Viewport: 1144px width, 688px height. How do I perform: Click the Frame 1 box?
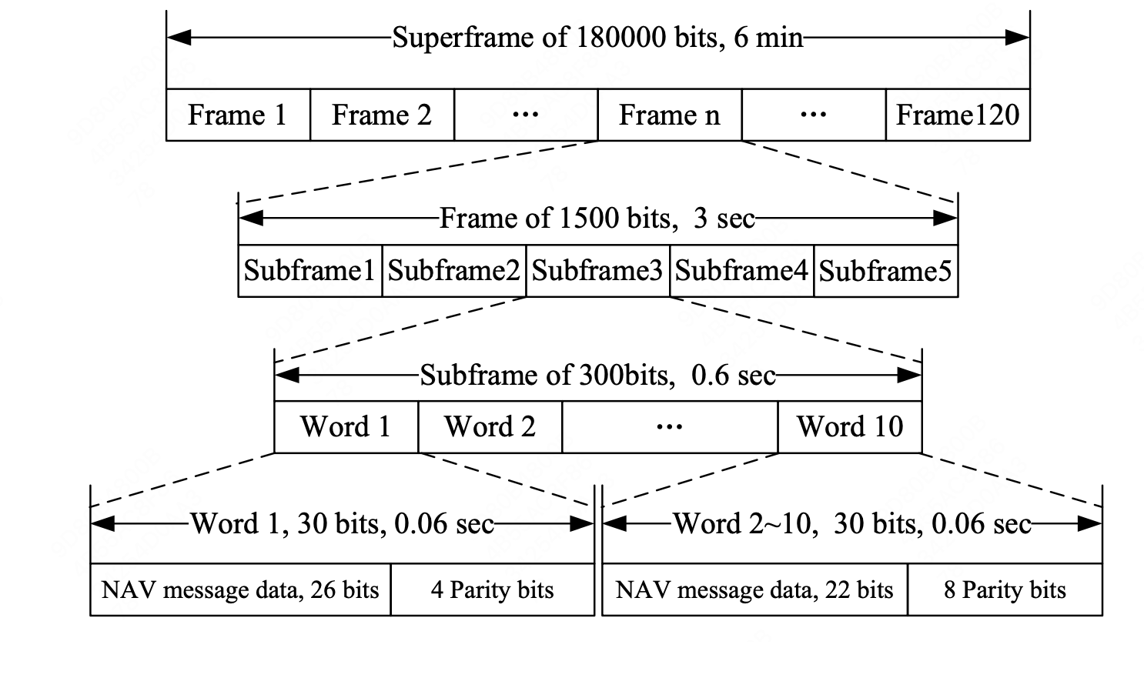pyautogui.click(x=238, y=115)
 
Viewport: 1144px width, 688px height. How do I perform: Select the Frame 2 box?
pyautogui.click(x=382, y=115)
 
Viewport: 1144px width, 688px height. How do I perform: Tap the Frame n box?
pyautogui.click(x=669, y=115)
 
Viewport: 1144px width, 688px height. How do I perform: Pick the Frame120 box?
pyautogui.click(x=958, y=115)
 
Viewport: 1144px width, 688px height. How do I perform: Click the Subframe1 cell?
pyautogui.click(x=309, y=271)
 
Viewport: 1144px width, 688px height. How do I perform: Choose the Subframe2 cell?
pyautogui.click(x=453, y=271)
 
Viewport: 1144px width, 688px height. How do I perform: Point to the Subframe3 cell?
pyautogui.click(x=597, y=271)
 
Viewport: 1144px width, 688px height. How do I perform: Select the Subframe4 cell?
pyautogui.click(x=741, y=271)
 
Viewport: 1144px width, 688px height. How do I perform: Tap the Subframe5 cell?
pyautogui.click(x=885, y=271)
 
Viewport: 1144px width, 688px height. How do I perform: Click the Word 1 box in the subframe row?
pyautogui.click(x=346, y=426)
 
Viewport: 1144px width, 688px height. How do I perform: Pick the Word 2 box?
pyautogui.click(x=490, y=426)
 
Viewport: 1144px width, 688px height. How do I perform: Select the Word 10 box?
pyautogui.click(x=850, y=426)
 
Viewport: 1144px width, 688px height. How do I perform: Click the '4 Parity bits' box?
pyautogui.click(x=492, y=590)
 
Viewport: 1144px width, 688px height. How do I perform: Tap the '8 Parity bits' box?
pyautogui.click(x=1005, y=590)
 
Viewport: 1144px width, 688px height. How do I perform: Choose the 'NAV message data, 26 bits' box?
pyautogui.click(x=240, y=590)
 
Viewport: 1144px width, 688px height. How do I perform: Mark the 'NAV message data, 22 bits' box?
pyautogui.click(x=754, y=590)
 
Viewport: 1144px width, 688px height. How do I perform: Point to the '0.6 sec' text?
pyautogui.click(x=734, y=376)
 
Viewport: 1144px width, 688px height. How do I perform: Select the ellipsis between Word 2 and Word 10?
pyautogui.click(x=669, y=426)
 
